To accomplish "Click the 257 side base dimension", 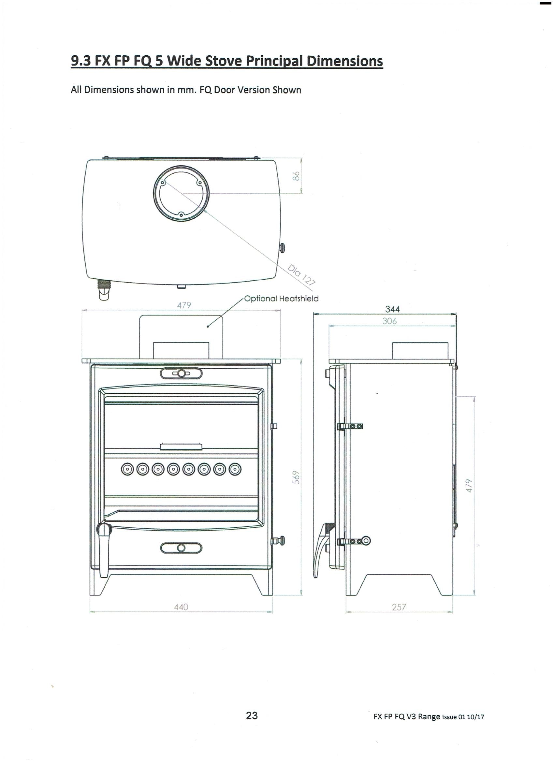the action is pos(399,607).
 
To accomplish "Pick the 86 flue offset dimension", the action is pos(296,176).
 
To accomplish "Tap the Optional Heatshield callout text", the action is pos(281,298).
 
